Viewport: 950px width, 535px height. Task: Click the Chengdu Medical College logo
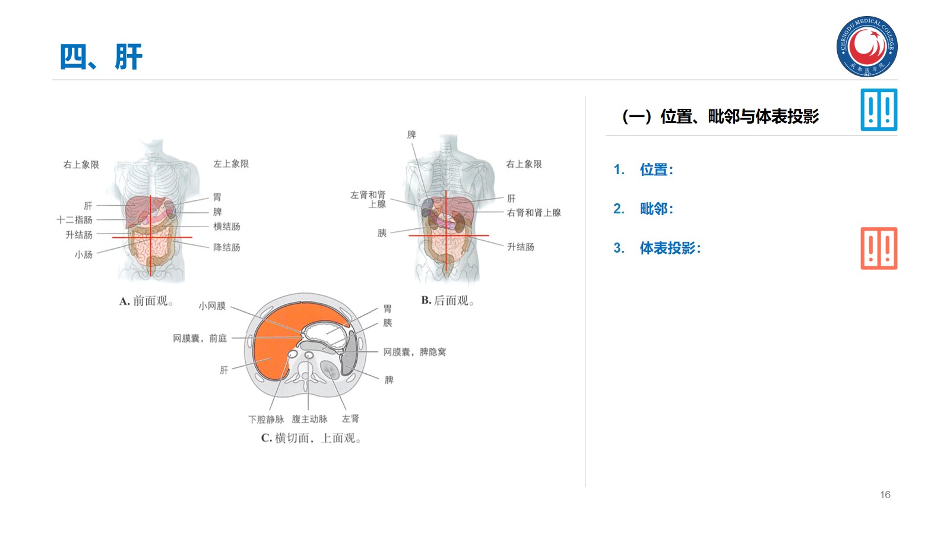tap(867, 46)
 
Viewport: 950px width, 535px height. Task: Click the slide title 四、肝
tap(101, 57)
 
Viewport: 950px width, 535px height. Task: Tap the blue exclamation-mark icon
tap(879, 110)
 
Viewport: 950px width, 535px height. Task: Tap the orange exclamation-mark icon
tap(879, 248)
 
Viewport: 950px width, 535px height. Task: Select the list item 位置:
tap(656, 170)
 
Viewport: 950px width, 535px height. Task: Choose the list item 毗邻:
tap(656, 209)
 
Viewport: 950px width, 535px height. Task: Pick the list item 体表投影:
tap(670, 248)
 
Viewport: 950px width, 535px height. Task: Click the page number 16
tap(885, 495)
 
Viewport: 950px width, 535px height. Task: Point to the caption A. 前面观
tap(146, 301)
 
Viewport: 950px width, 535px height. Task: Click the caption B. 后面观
tap(447, 301)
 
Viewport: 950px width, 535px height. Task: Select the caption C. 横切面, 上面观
tap(311, 438)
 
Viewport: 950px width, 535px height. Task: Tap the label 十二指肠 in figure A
tap(75, 220)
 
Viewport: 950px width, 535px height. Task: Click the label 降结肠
tap(227, 247)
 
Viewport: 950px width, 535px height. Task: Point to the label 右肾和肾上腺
tap(533, 213)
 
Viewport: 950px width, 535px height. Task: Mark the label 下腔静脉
tap(266, 419)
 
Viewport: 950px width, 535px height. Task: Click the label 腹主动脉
tap(309, 419)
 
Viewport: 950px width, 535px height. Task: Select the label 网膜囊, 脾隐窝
tap(414, 352)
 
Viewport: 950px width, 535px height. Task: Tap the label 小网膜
tap(212, 306)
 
